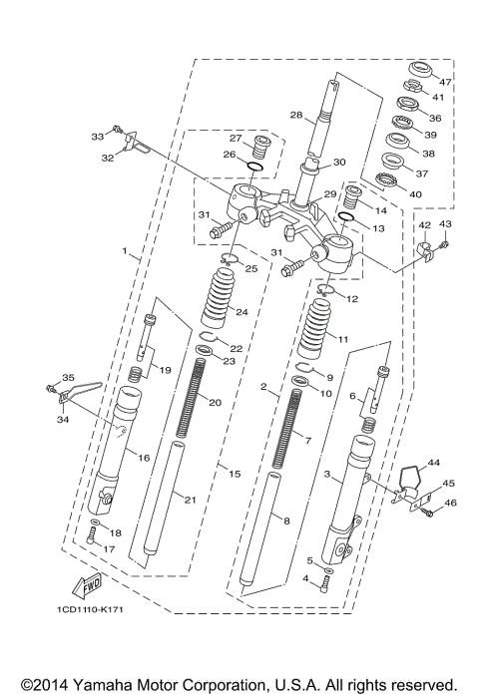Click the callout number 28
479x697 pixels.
coord(295,117)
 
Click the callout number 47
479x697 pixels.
coord(445,81)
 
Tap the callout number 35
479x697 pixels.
coord(68,377)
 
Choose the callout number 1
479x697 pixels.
coord(125,253)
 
